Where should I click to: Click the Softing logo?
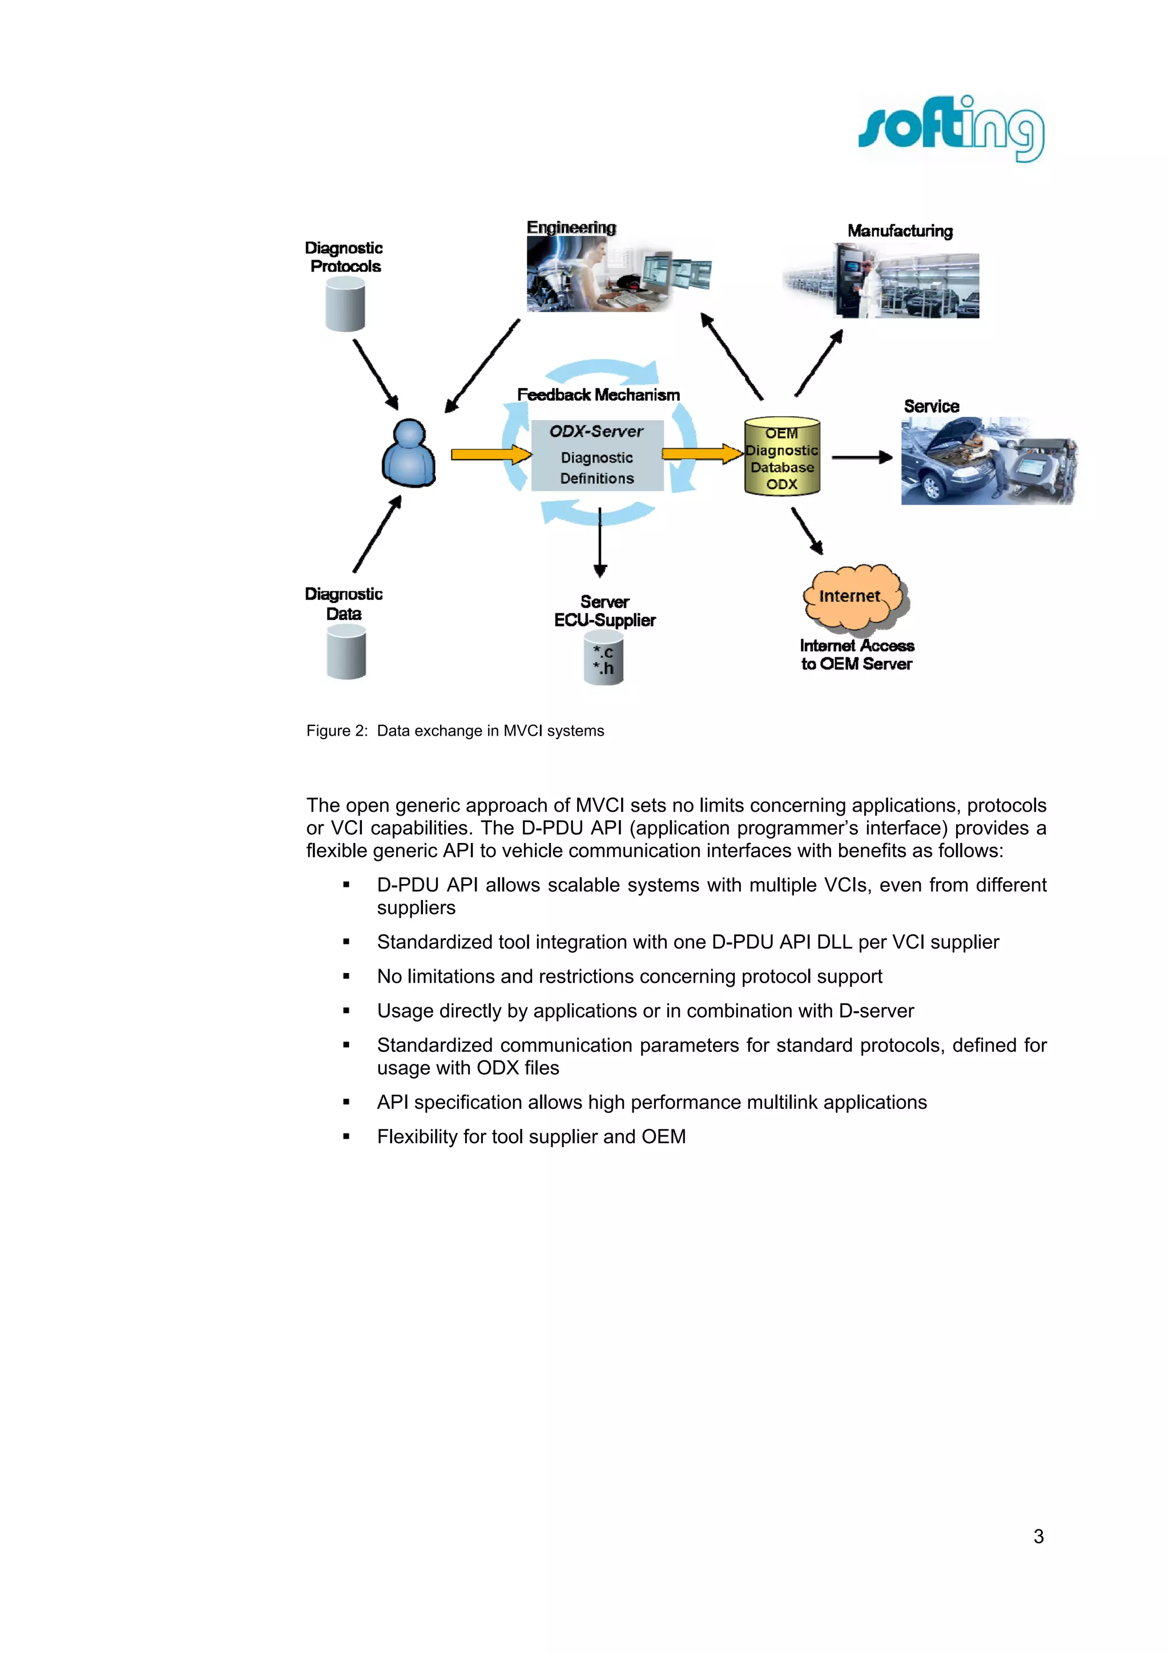951,129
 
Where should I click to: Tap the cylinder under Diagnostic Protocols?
345,305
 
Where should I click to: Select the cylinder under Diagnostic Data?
346,652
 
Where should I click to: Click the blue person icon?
408,454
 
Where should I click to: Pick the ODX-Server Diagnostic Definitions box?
597,455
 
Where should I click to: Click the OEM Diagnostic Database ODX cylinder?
781,457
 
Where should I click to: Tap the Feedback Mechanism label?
598,395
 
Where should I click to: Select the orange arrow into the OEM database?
701,453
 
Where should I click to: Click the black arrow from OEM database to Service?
861,457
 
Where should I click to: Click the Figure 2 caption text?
454,731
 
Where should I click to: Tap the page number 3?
1038,1536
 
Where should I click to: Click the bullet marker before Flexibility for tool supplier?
346,1137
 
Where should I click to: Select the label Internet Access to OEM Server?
856,655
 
